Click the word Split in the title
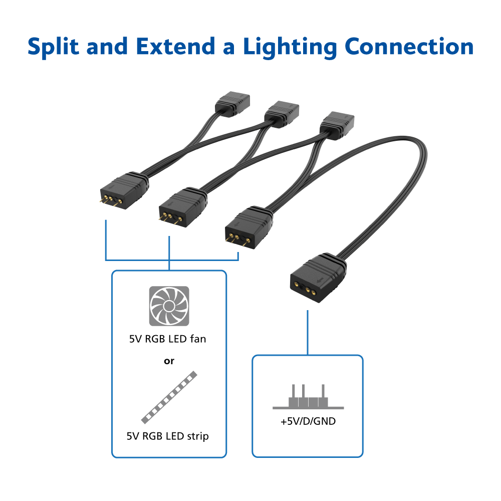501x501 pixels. pos(53,47)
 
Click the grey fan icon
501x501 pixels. pos(169,306)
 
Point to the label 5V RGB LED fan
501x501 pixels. pos(167,339)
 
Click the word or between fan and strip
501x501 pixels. pos(169,361)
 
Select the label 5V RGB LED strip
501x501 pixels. pos(167,436)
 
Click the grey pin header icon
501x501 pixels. pos(308,397)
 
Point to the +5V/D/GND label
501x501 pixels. pos(308,421)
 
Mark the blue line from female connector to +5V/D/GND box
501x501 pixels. pos(307,333)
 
